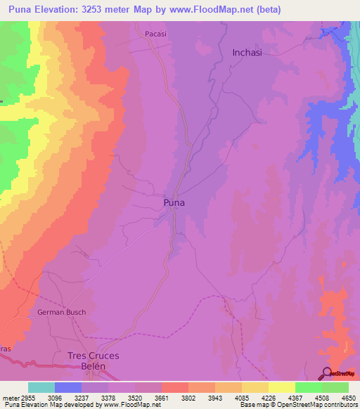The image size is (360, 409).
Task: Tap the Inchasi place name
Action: point(247,53)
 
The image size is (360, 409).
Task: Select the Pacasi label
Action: point(155,33)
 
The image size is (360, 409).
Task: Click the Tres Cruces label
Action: point(93,356)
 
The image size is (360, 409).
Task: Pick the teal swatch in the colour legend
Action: point(41,387)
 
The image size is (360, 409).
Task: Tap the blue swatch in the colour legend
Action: point(68,387)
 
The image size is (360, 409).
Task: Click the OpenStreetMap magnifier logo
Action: point(326,373)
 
